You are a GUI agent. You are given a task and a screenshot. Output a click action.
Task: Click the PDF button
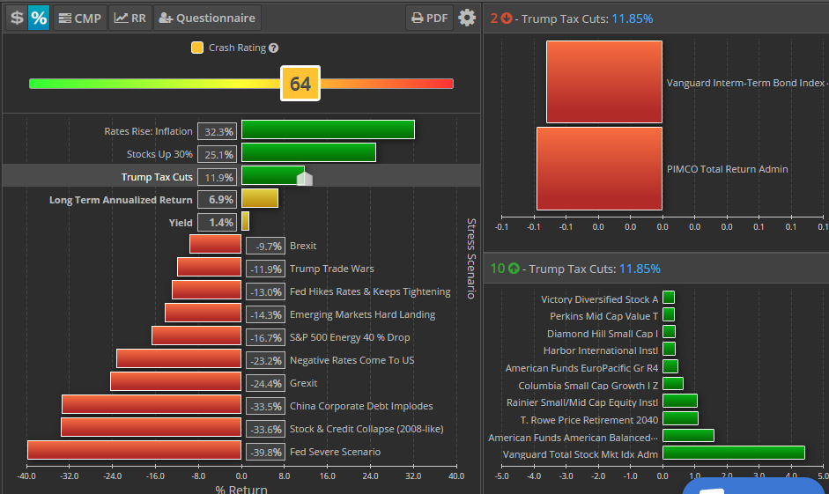tap(429, 18)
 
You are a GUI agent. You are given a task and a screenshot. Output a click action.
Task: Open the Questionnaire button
tap(207, 18)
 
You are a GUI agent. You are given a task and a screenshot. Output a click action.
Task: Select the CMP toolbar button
tap(79, 18)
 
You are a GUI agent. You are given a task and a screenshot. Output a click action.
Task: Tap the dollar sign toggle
tap(16, 18)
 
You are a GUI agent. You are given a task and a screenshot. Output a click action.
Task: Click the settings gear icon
tap(467, 18)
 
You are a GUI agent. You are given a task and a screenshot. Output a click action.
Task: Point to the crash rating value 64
tap(300, 84)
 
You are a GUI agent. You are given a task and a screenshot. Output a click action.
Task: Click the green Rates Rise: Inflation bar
tap(328, 130)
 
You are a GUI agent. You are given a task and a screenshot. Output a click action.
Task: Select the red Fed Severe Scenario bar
tap(134, 451)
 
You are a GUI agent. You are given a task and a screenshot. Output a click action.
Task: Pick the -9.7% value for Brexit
tap(264, 246)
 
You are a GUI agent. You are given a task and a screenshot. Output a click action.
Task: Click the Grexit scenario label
tap(303, 383)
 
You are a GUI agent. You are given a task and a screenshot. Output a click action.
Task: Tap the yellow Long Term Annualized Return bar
tap(260, 199)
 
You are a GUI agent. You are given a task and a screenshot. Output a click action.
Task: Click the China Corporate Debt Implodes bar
tap(152, 405)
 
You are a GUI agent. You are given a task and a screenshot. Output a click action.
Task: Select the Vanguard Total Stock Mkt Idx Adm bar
tap(733, 453)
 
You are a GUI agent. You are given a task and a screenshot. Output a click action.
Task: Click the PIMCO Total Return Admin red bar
tap(599, 169)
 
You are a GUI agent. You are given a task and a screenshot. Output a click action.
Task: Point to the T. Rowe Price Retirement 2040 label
tap(588, 419)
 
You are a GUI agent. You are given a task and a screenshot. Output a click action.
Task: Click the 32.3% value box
tap(217, 131)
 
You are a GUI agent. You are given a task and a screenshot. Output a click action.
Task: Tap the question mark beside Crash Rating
tap(274, 48)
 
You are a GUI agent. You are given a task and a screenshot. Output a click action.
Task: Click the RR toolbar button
tap(130, 18)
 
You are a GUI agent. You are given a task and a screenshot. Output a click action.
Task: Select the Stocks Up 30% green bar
tap(308, 153)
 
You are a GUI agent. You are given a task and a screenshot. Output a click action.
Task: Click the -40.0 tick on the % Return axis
tap(26, 476)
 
